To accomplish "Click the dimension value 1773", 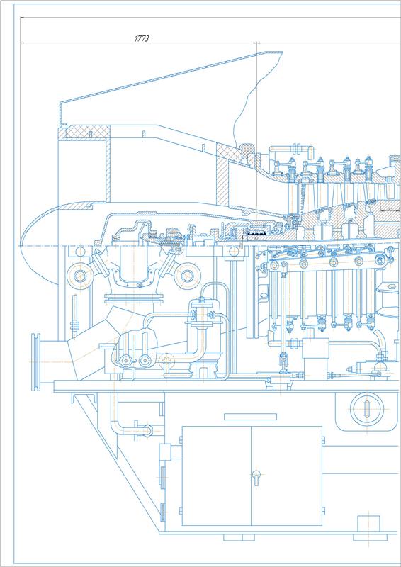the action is click(x=142, y=39).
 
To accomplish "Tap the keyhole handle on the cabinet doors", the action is click(x=256, y=477).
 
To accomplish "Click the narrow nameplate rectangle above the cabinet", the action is click(x=250, y=417).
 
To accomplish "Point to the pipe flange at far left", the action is click(x=35, y=362).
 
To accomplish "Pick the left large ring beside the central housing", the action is click(x=79, y=276).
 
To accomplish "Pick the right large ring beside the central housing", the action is click(x=186, y=276).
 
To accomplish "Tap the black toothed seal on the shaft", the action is click(x=256, y=236).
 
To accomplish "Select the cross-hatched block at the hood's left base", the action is click(x=84, y=132).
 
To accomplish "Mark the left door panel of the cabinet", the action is click(x=216, y=476).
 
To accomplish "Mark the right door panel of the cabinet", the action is click(x=286, y=476).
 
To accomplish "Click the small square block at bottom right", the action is click(x=368, y=524).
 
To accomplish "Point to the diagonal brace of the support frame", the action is click(x=116, y=463).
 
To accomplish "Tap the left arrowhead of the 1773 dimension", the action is click(x=23, y=43).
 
